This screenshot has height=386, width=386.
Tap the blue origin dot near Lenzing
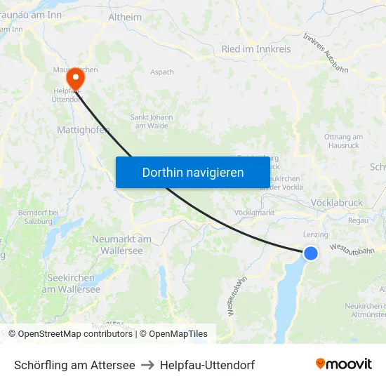(310, 253)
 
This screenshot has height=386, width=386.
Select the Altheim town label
(125, 18)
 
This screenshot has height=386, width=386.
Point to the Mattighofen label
(83, 131)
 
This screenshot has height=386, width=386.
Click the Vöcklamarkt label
(254, 212)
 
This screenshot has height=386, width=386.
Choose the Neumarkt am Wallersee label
(121, 244)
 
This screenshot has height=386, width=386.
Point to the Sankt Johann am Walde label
(149, 121)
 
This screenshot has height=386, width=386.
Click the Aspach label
(161, 72)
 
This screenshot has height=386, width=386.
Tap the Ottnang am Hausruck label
(344, 140)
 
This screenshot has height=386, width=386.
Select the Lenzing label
(315, 234)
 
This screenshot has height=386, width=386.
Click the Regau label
(357, 220)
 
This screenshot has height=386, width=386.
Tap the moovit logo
(344, 364)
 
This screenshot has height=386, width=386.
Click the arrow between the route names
(147, 365)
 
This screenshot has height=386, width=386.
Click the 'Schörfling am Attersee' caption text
(74, 365)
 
